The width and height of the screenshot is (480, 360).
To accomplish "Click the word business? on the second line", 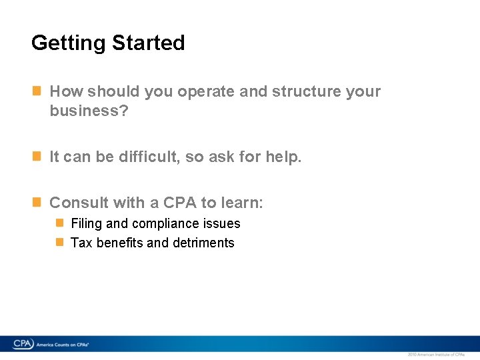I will click(x=89, y=111).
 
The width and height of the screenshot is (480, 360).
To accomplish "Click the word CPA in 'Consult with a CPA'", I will click(x=180, y=203).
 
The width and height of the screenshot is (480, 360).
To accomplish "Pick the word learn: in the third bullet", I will click(x=241, y=203).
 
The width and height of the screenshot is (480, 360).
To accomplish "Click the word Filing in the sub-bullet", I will click(x=86, y=224).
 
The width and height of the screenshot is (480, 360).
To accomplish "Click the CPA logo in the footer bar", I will click(x=23, y=344).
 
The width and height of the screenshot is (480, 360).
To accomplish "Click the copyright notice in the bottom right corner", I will click(x=435, y=355).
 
